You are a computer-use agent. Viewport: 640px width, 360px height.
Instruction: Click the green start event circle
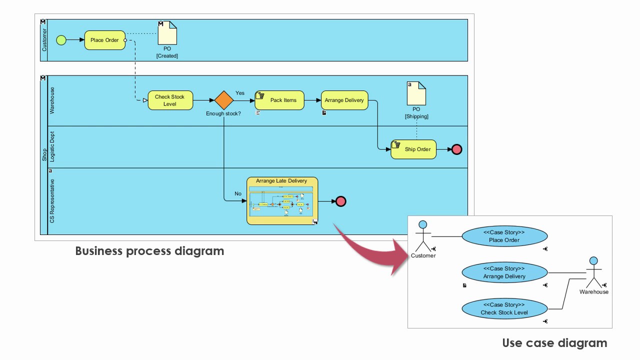[x=61, y=40]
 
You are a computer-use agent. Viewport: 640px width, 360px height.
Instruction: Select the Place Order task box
[x=104, y=40]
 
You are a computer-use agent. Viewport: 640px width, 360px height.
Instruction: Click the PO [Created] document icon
[x=167, y=33]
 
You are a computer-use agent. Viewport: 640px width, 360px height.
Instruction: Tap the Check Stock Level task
[x=170, y=100]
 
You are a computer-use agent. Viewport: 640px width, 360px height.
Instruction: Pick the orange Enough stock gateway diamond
[x=224, y=100]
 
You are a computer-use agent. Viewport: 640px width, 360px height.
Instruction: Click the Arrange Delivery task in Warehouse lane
[x=344, y=100]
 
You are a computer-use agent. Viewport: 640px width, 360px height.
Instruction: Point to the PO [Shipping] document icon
[x=416, y=93]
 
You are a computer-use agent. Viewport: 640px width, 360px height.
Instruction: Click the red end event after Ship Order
[x=456, y=149]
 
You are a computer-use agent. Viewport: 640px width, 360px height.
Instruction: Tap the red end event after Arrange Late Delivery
[x=340, y=201]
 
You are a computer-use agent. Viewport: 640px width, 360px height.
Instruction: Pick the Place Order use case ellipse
[x=504, y=236]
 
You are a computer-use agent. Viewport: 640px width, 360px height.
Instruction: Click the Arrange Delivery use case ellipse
[x=504, y=272]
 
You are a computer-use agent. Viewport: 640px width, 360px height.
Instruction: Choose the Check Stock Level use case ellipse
[x=504, y=308]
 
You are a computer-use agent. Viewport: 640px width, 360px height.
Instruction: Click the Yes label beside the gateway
[x=240, y=93]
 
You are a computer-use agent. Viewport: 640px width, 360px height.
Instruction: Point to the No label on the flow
[x=238, y=193]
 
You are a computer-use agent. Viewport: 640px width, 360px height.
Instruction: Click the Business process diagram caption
[x=149, y=251]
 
